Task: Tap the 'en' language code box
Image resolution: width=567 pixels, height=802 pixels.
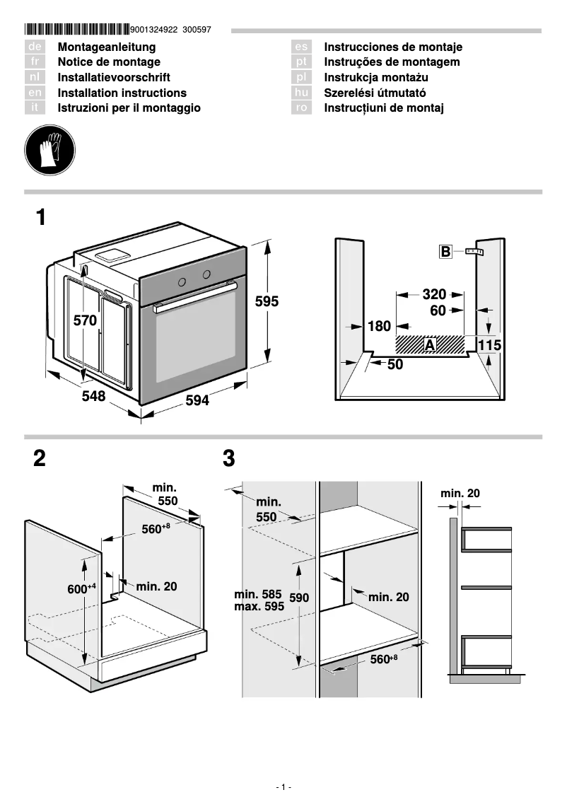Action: [35, 93]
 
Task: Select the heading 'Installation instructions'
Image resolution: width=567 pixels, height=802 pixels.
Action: [122, 93]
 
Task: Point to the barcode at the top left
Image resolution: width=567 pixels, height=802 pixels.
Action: [77, 30]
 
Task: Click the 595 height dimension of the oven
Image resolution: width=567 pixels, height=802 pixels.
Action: [267, 301]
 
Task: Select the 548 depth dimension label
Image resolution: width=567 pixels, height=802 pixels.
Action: [93, 397]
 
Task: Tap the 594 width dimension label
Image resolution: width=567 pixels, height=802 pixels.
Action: [197, 401]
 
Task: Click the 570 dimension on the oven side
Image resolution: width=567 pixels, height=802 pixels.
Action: [85, 320]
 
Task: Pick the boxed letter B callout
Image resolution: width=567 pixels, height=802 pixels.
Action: [445, 251]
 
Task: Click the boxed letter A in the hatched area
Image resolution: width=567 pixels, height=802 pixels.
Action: [430, 344]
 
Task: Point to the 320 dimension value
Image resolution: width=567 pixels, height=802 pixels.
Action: [434, 294]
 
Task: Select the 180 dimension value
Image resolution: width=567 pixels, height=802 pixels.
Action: [379, 326]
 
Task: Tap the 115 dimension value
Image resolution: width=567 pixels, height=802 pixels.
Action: [489, 345]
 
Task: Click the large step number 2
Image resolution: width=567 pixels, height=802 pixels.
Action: [40, 459]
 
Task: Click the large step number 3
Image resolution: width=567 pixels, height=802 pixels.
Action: [228, 459]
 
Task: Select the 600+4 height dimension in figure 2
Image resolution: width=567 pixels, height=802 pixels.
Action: [81, 588]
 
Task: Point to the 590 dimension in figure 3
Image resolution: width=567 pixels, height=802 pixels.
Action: [299, 598]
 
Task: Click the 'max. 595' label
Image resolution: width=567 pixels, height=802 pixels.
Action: [259, 606]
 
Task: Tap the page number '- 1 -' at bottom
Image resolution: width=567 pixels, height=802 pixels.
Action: [283, 787]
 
